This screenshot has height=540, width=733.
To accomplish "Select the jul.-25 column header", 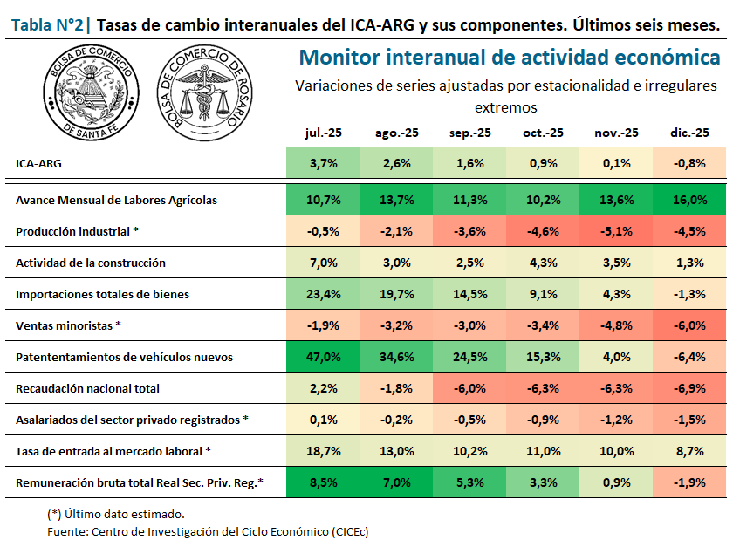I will [323, 133].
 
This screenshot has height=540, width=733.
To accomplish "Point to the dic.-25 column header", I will [688, 133].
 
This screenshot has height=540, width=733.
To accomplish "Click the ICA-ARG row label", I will [38, 163].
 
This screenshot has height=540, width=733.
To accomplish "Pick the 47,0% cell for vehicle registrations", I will [323, 357].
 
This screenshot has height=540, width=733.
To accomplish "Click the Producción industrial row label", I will [77, 231].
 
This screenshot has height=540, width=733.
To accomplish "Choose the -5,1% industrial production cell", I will [616, 231].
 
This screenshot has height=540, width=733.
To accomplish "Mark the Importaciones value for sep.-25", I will [469, 294].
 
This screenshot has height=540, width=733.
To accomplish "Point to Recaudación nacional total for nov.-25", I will [616, 388].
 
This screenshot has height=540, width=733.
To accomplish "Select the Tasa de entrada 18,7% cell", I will [323, 451].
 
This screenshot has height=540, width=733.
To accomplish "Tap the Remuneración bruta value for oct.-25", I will [543, 482].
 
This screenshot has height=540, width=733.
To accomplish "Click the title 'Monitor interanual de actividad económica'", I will [509, 58].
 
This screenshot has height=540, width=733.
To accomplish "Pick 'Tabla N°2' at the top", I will [48, 25].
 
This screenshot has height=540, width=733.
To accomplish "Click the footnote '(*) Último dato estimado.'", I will [115, 514].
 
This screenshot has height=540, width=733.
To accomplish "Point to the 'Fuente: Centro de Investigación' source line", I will [208, 530].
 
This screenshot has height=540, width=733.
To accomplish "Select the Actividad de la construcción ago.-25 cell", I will [396, 263].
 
